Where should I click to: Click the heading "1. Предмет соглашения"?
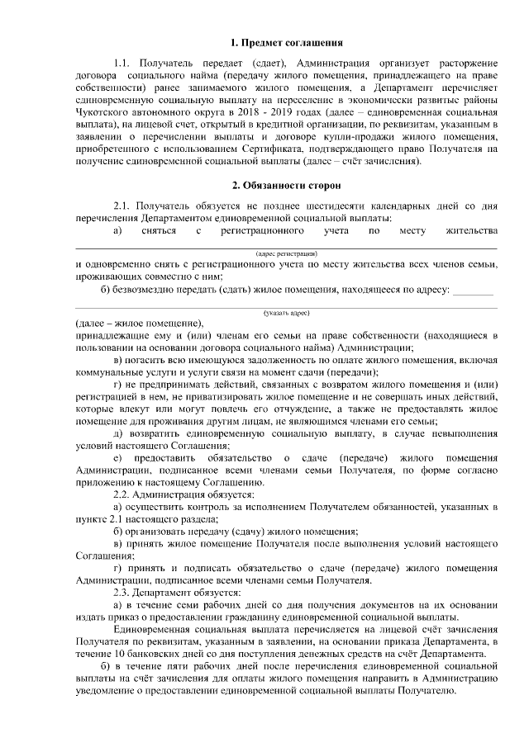tap(286, 41)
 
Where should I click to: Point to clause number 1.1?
tap(123, 64)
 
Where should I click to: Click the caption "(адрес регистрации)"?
tap(285, 253)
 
